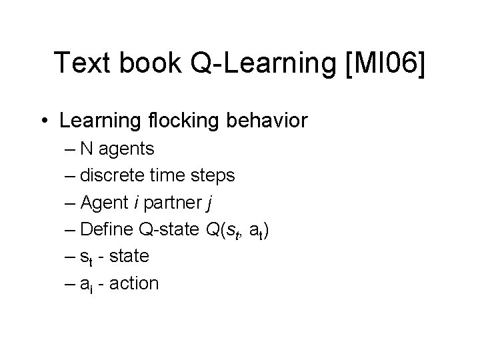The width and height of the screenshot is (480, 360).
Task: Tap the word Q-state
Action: click(x=169, y=229)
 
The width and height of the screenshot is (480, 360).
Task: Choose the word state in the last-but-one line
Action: click(x=127, y=257)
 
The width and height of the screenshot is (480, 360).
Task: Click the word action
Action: click(x=133, y=283)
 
